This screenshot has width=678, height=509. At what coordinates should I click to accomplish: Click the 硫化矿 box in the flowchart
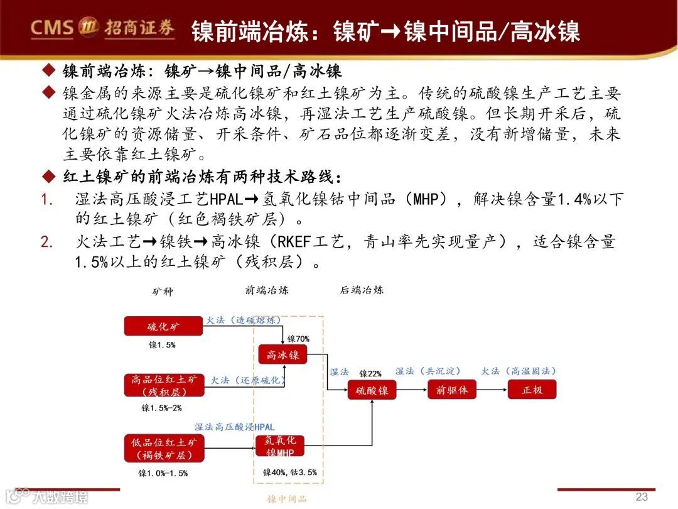[x=163, y=326]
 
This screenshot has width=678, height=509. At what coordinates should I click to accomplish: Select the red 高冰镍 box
[x=282, y=354]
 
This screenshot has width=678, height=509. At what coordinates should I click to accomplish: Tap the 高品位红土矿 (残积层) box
[x=164, y=385]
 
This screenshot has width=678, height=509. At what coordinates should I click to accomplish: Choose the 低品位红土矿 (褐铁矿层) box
[x=164, y=448]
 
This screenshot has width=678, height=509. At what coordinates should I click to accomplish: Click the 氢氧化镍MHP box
[x=280, y=446]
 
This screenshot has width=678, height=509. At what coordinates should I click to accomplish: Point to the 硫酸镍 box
[x=372, y=390]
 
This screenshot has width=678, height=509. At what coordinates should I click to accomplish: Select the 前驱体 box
[x=452, y=390]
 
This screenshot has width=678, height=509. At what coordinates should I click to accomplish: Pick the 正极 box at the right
[x=532, y=390]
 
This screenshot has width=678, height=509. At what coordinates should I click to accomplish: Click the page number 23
[x=642, y=496]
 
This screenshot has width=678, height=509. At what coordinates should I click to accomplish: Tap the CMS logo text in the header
[x=53, y=27]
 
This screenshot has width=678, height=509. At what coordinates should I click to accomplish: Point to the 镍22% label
[x=370, y=373]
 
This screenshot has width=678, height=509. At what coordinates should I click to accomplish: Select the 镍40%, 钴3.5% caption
[x=290, y=472]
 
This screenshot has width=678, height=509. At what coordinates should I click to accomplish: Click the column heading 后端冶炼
[x=362, y=290]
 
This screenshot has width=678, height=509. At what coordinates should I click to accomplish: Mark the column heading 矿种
[x=162, y=292]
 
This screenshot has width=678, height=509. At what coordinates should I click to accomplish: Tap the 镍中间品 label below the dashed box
[x=288, y=499]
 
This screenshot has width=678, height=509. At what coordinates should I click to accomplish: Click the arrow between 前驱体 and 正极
[x=492, y=390]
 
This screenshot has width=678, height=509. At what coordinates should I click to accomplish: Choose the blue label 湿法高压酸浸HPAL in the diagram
[x=234, y=427]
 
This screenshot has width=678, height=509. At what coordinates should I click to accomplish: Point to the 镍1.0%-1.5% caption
[x=163, y=473]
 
